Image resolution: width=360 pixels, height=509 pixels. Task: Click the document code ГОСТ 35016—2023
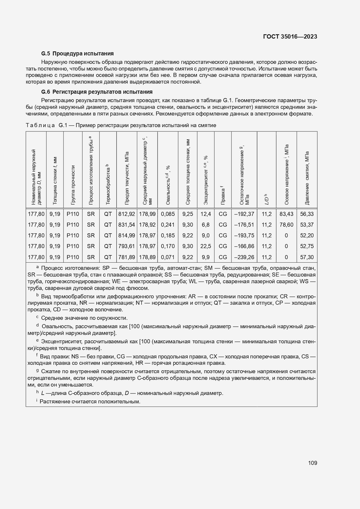click(290, 37)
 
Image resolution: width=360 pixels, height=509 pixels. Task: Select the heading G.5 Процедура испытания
click(77, 53)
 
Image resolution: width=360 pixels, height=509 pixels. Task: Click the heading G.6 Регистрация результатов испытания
click(97, 92)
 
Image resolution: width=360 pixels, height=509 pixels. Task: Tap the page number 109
click(312, 463)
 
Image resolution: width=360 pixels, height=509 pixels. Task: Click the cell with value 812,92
click(126, 214)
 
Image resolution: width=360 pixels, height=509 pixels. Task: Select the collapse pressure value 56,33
click(307, 214)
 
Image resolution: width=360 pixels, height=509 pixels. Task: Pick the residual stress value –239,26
click(244, 257)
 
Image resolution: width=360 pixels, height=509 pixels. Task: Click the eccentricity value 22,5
click(206, 246)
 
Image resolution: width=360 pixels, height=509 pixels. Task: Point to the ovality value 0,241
click(168, 225)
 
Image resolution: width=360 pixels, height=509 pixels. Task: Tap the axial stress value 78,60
click(286, 225)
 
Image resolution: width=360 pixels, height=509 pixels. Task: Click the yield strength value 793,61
click(126, 246)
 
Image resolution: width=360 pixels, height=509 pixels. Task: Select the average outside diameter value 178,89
click(147, 257)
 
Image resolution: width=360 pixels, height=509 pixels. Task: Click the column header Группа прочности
click(73, 184)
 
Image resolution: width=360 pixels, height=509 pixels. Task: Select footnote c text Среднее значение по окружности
click(84, 318)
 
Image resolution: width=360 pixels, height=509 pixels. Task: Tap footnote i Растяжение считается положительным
click(90, 402)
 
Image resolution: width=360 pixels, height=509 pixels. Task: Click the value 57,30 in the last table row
click(307, 257)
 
